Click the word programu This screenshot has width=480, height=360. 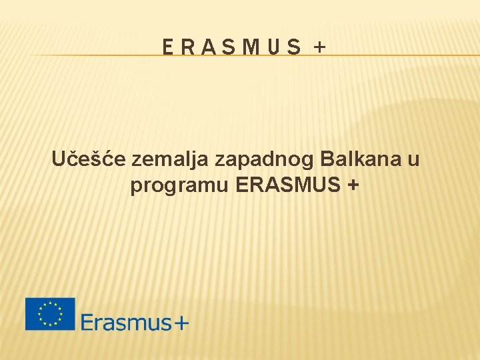click(179, 187)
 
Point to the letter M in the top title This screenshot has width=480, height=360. click(249, 47)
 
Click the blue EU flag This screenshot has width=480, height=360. click(50, 314)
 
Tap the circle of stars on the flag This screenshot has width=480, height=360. click(50, 314)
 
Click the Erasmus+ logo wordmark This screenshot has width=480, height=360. click(135, 323)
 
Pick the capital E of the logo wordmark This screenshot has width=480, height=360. click(87, 322)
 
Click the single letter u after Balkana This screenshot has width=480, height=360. click(413, 161)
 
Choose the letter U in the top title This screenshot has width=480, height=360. click(273, 47)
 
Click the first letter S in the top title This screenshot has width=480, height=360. click(227, 47)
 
